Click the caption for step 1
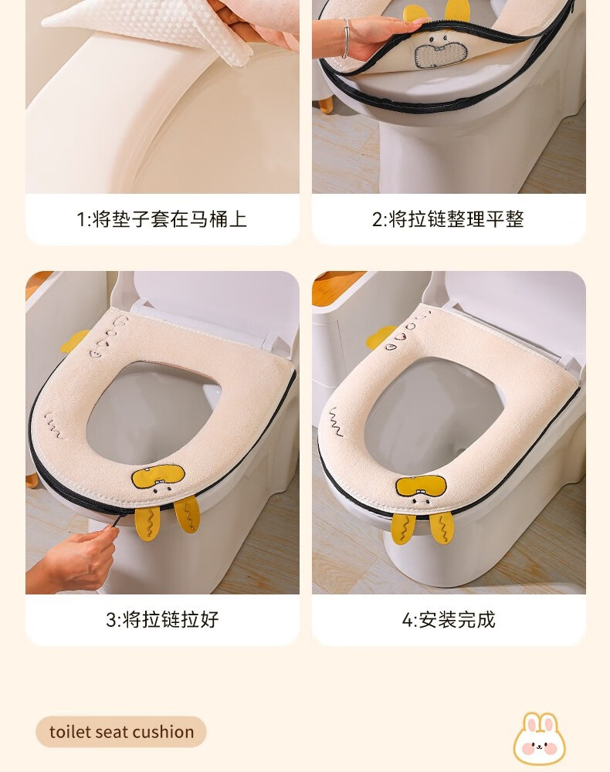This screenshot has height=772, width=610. (162, 219)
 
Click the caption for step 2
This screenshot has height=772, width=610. (448, 219)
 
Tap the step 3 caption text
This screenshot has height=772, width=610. (162, 619)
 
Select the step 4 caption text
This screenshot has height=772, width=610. (449, 619)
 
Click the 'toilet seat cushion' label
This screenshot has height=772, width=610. (121, 732)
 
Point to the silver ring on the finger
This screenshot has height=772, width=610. (346, 39)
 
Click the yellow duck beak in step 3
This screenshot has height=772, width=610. (158, 476)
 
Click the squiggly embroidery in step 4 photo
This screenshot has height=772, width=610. (335, 422)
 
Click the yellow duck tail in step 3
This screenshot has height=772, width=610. (74, 341)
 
